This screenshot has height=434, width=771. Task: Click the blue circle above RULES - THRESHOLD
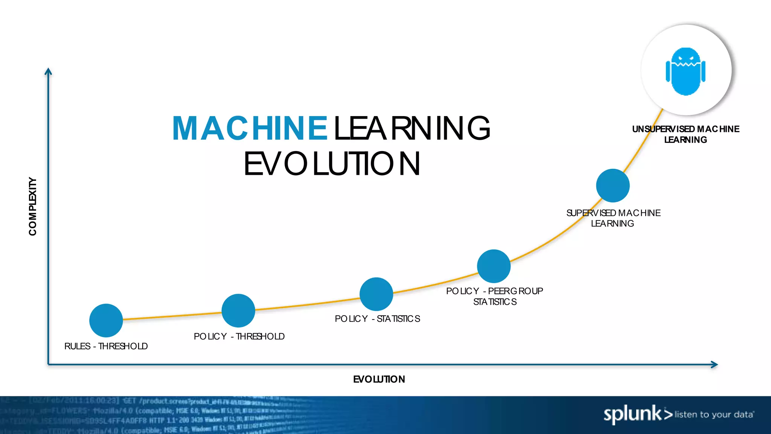[106, 320]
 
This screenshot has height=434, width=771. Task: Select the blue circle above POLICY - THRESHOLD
[238, 310]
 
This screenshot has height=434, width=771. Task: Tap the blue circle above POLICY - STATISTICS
[376, 294]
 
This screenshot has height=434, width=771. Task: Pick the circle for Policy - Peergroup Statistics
[494, 266]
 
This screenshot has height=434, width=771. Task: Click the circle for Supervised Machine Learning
[613, 185]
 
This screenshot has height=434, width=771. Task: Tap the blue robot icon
[686, 71]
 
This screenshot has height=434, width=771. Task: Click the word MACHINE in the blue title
[250, 128]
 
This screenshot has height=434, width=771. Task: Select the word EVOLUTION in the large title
[332, 164]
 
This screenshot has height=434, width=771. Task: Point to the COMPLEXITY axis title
[33, 206]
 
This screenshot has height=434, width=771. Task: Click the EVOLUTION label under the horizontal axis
[379, 379]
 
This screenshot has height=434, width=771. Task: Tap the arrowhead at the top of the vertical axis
[48, 72]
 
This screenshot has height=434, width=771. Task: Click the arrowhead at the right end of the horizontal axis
[714, 364]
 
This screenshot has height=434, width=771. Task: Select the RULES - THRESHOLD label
[106, 346]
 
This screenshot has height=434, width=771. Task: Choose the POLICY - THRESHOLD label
[239, 336]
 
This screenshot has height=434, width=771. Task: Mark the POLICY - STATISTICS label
[377, 319]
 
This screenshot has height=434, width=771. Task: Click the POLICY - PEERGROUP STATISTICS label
[494, 296]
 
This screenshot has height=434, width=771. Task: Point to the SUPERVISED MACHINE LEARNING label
[613, 218]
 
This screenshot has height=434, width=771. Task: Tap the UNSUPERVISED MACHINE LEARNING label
[686, 134]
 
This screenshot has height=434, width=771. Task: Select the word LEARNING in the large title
[412, 128]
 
